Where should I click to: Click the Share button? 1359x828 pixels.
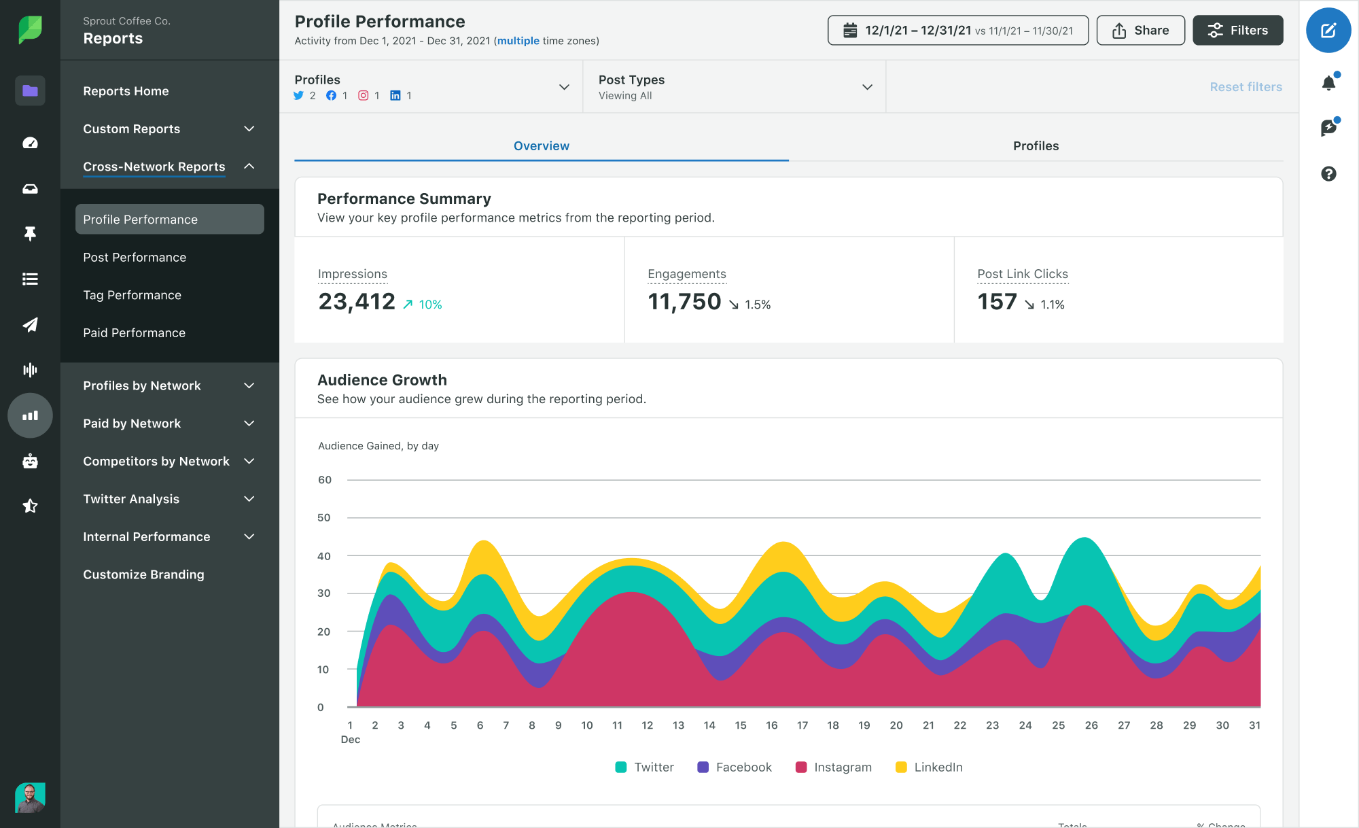(1140, 31)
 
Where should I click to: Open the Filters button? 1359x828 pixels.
(1237, 31)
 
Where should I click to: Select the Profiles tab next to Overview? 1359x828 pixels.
(1035, 146)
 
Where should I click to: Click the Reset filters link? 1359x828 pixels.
(1245, 87)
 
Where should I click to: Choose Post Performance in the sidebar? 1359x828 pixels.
(135, 258)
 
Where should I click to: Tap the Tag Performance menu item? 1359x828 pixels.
(132, 295)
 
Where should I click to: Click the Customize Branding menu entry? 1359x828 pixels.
(143, 574)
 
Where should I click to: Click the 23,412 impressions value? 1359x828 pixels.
(357, 302)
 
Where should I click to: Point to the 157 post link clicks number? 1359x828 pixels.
(997, 302)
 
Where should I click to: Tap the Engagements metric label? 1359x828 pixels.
(686, 274)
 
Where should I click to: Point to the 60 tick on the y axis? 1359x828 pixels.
(325, 480)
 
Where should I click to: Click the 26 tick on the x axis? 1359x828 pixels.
(1091, 725)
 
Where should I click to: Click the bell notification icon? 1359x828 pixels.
(1328, 84)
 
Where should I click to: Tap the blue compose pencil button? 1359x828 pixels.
(1328, 31)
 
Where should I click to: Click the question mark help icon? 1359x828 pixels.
(1328, 174)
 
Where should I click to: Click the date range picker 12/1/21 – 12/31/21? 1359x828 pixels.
(957, 31)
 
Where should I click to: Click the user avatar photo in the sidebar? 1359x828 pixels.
(30, 797)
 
